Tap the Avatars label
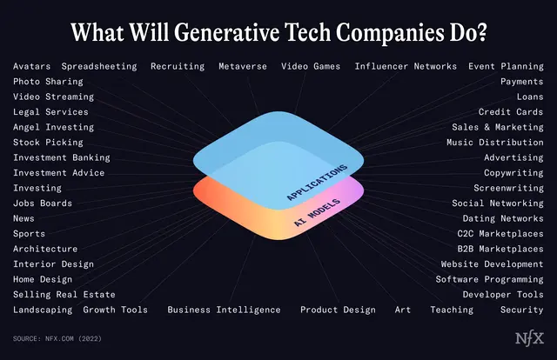coord(32,66)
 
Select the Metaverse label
coord(243,66)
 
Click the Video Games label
coord(311,66)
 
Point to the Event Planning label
coord(506,66)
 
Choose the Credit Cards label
coord(511,112)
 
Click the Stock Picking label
coord(48,143)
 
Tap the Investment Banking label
coord(62,158)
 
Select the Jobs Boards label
coord(43,203)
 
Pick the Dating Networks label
coord(503,219)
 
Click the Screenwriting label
coord(508,189)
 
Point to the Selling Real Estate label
coord(64,295)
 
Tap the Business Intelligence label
coord(224,310)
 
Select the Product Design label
coord(338,310)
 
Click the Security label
coord(522,310)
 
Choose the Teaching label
coord(452,310)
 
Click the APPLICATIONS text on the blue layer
coord(316,183)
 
